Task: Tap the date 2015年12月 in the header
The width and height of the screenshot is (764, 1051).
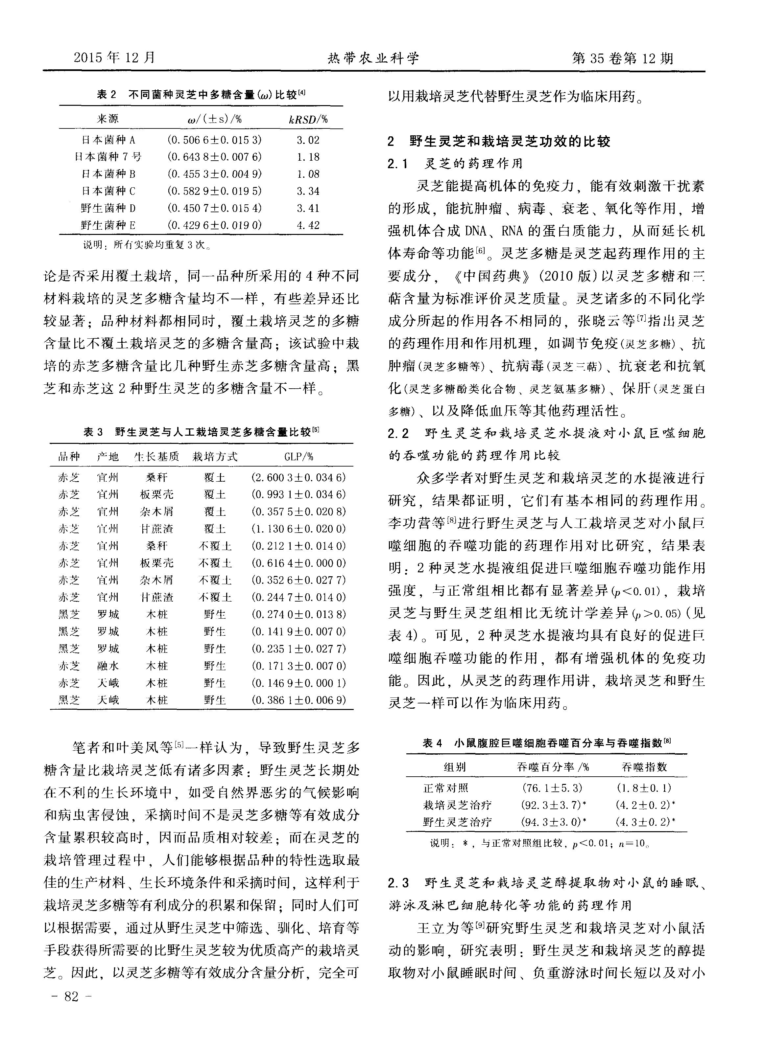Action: (114, 58)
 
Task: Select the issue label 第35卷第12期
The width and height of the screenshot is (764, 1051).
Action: (623, 58)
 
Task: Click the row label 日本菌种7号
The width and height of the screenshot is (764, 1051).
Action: (108, 157)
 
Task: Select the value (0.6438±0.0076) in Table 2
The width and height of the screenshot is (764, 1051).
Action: (214, 157)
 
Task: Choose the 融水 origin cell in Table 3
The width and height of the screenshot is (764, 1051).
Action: (108, 666)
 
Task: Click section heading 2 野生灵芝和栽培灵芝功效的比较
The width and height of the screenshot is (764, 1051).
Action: (499, 141)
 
